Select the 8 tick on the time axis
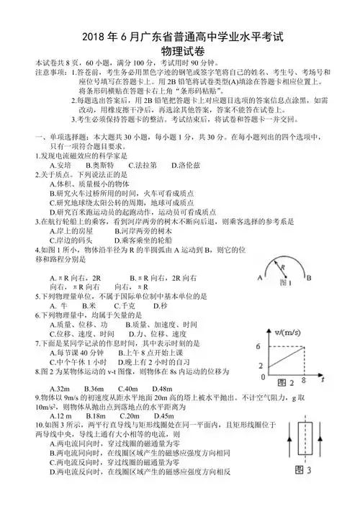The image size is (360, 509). click(304, 379)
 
